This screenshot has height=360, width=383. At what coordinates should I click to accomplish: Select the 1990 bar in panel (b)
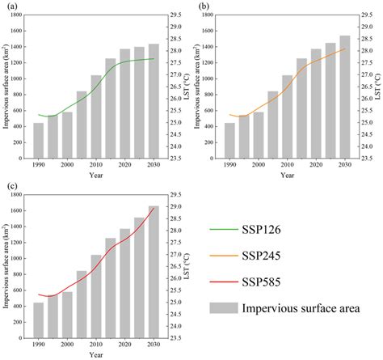click(x=229, y=141)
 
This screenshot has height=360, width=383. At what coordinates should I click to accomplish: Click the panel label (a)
click(x=9, y=6)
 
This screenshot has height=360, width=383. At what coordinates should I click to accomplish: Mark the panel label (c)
click(x=9, y=186)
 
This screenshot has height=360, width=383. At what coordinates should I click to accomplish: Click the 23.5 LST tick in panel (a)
click(x=176, y=159)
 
